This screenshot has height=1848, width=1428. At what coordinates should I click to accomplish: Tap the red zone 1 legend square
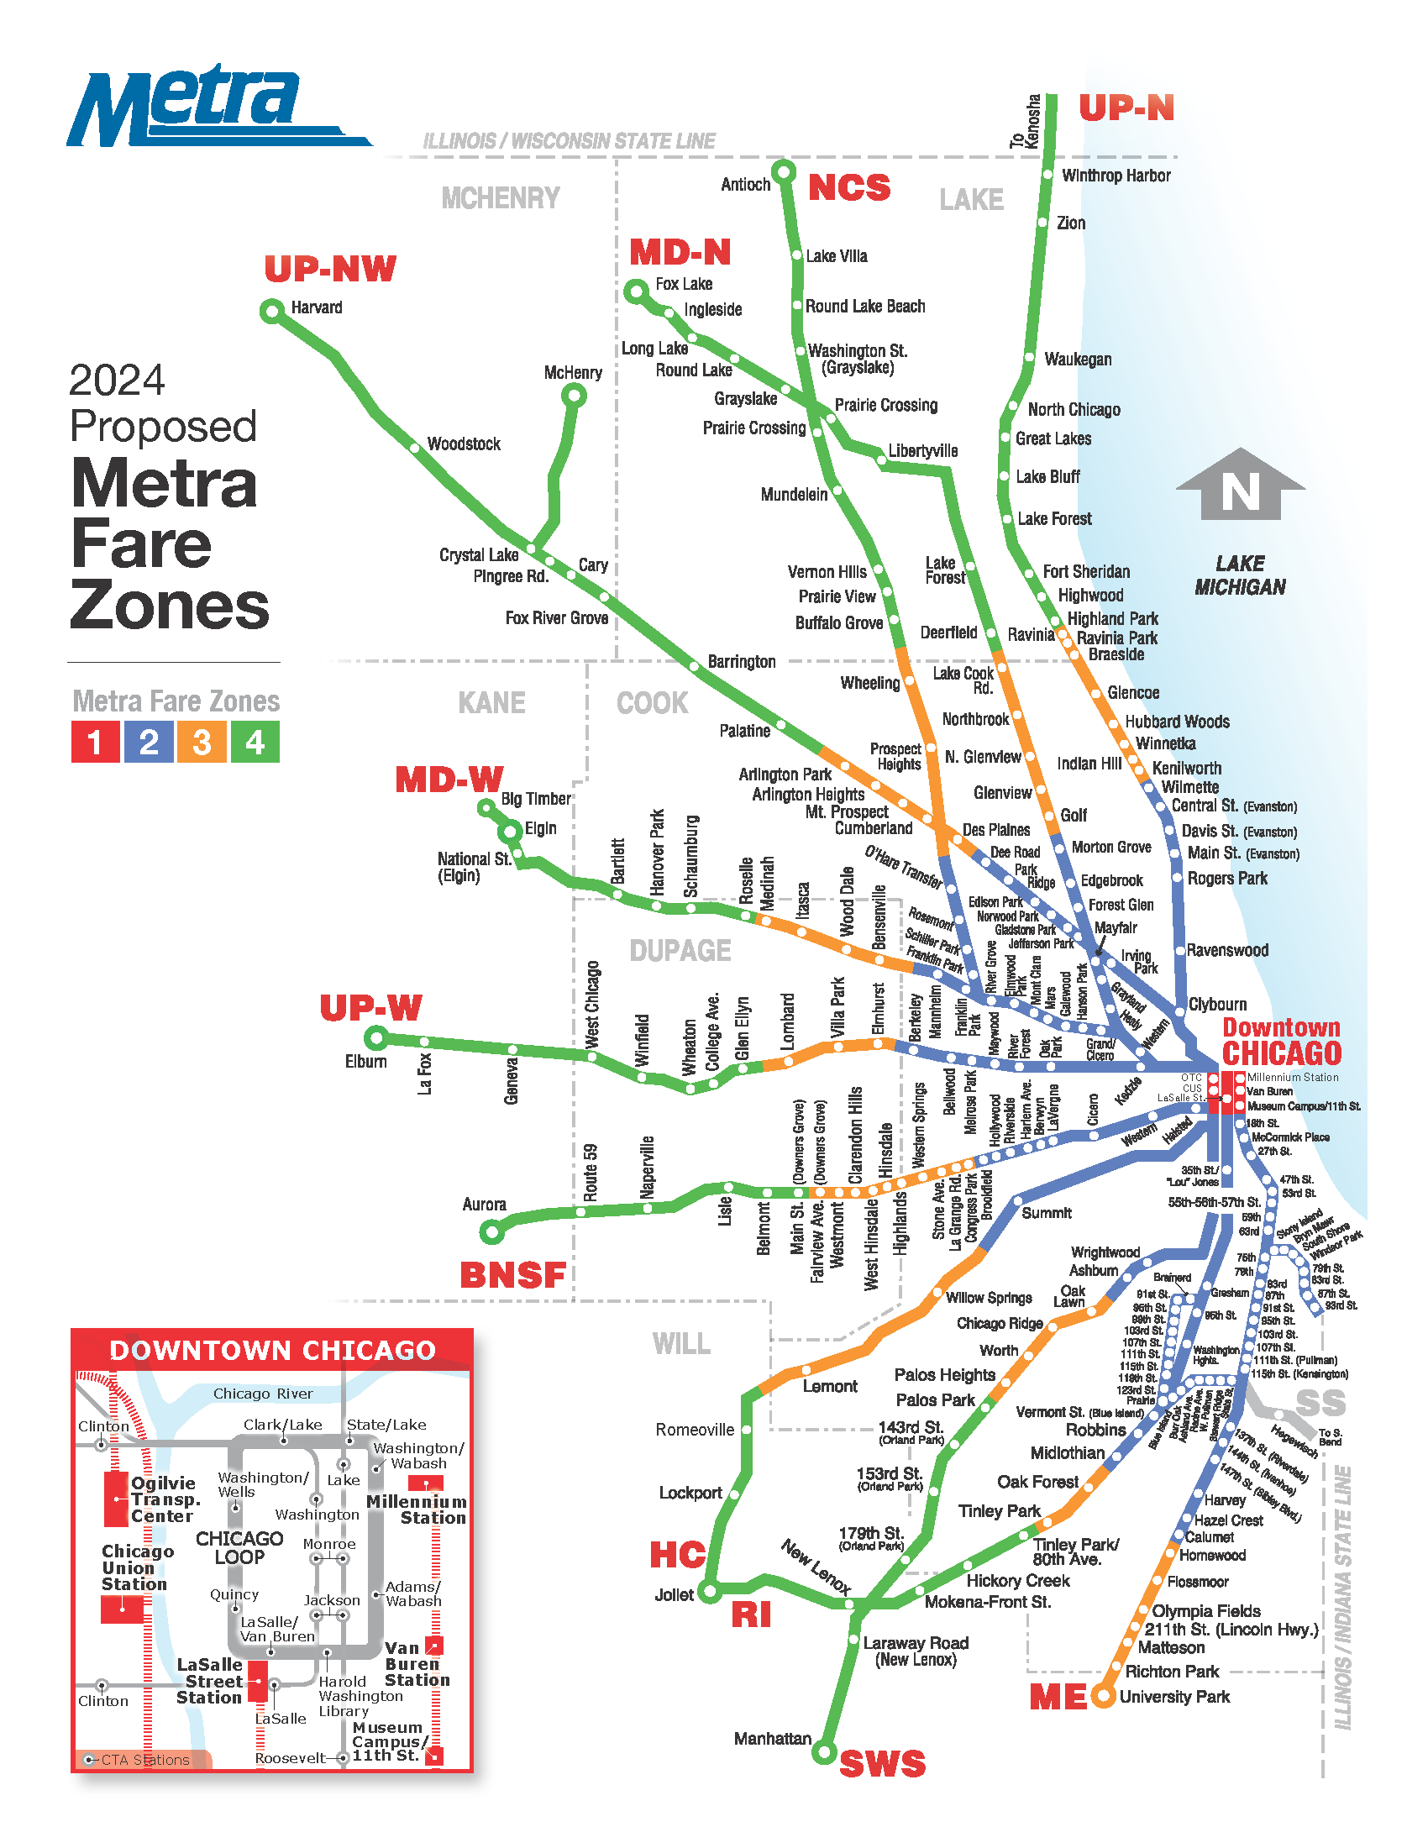[95, 742]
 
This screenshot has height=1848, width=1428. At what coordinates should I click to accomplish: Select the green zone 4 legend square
[255, 742]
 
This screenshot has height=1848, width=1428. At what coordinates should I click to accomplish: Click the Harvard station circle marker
[271, 312]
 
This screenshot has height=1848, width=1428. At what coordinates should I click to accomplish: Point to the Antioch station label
[744, 185]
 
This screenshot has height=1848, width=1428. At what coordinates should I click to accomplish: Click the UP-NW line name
[330, 269]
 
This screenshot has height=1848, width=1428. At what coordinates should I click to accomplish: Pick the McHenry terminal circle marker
[575, 395]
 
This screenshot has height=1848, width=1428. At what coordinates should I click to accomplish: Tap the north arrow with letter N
[1240, 485]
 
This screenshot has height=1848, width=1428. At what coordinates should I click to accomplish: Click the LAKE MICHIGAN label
[1239, 575]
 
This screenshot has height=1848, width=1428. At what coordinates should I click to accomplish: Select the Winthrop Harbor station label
[1116, 176]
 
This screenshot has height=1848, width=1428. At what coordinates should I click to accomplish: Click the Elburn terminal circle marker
[376, 1037]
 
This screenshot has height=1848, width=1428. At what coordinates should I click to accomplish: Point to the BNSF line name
[512, 1275]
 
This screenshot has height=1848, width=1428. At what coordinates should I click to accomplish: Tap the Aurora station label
[484, 1204]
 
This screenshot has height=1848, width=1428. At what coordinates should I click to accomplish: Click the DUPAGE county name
[680, 951]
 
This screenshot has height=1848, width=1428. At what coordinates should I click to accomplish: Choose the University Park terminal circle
[1102, 1696]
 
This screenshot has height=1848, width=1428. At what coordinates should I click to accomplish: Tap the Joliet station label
[674, 1595]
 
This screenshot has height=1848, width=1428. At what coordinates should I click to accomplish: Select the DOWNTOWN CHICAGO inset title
[272, 1351]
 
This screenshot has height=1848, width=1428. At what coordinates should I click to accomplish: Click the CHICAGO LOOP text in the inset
[239, 1547]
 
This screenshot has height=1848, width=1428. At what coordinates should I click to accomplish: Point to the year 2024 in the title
[117, 381]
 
